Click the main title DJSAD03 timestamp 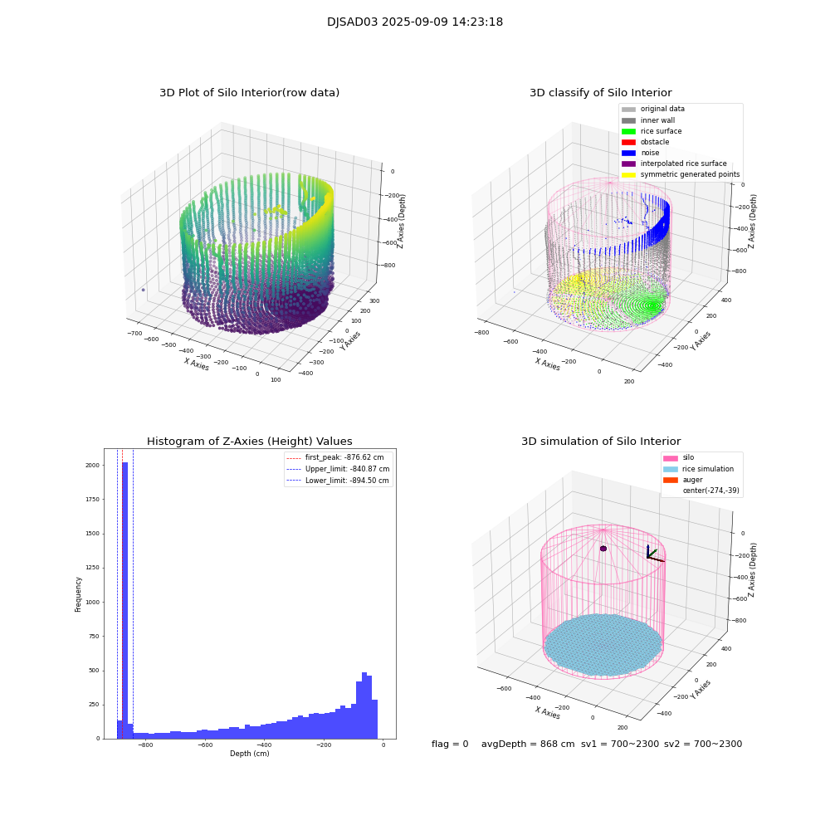coord(415,22)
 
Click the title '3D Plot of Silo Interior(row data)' coord(249,93)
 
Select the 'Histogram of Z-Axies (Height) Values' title coord(249,442)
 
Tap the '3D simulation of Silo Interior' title coord(601,442)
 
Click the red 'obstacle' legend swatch coord(628,142)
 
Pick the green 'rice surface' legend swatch coord(628,131)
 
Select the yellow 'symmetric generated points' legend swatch coord(628,174)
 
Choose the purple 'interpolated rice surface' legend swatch coord(628,164)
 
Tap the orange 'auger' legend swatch coord(670,480)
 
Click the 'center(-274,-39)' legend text coord(710,491)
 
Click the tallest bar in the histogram coord(124,598)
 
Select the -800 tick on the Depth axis coord(145,745)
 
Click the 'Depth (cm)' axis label coord(249,754)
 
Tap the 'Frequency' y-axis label coord(79,594)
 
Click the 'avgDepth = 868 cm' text coord(528,745)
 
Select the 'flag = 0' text coord(450,745)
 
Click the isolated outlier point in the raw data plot coord(143,290)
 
